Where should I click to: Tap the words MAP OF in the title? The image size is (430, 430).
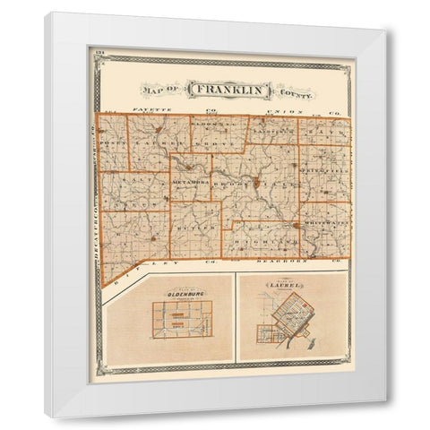(157, 90)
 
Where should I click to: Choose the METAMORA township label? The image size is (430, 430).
(190, 182)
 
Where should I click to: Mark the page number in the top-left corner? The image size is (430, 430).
(98, 56)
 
